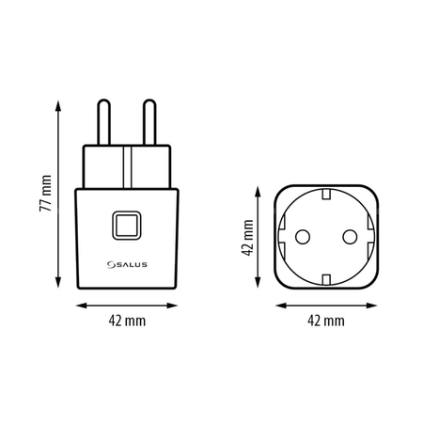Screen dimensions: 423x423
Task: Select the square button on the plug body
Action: [x=127, y=225]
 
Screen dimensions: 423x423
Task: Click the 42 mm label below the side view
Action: [x=127, y=321]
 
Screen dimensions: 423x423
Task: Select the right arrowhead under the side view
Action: [x=176, y=305]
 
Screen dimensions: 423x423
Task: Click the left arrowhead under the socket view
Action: [x=278, y=305]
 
